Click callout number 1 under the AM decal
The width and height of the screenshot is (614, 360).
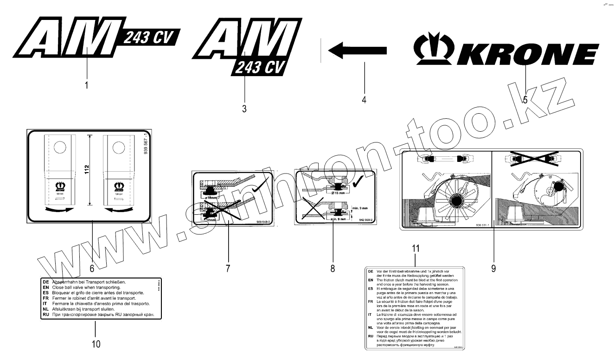(x=87, y=85)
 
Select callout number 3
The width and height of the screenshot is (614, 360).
(x=244, y=109)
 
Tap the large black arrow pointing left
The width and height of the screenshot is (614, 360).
(x=357, y=48)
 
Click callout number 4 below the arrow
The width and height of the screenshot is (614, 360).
(x=364, y=99)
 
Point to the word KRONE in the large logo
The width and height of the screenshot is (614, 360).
(x=526, y=55)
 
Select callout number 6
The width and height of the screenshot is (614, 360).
(x=92, y=268)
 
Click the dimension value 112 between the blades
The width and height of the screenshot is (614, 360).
(x=88, y=171)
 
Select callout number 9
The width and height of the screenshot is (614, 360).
(x=493, y=268)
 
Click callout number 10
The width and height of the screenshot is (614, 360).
(x=95, y=344)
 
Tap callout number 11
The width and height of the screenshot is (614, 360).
(x=415, y=249)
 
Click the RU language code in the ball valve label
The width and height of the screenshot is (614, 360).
(x=45, y=315)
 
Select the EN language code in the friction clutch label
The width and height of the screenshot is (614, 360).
(x=370, y=280)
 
